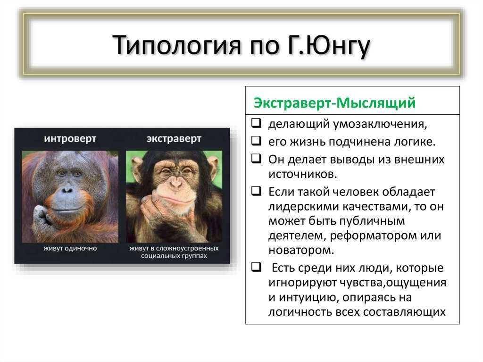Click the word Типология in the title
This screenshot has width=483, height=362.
click(176, 45)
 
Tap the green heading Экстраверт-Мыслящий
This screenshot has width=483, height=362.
click(334, 103)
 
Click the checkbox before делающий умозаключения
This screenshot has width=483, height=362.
click(256, 123)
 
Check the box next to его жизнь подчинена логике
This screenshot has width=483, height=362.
click(256, 141)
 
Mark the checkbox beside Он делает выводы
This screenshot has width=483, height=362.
click(256, 159)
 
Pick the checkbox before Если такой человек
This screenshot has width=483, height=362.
click(256, 191)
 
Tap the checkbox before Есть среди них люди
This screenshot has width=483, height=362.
click(256, 267)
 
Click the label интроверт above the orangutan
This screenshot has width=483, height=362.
click(70, 139)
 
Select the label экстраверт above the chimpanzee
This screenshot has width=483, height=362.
click(174, 139)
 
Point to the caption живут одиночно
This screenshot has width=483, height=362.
click(70, 248)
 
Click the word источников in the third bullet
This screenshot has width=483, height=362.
click(303, 174)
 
